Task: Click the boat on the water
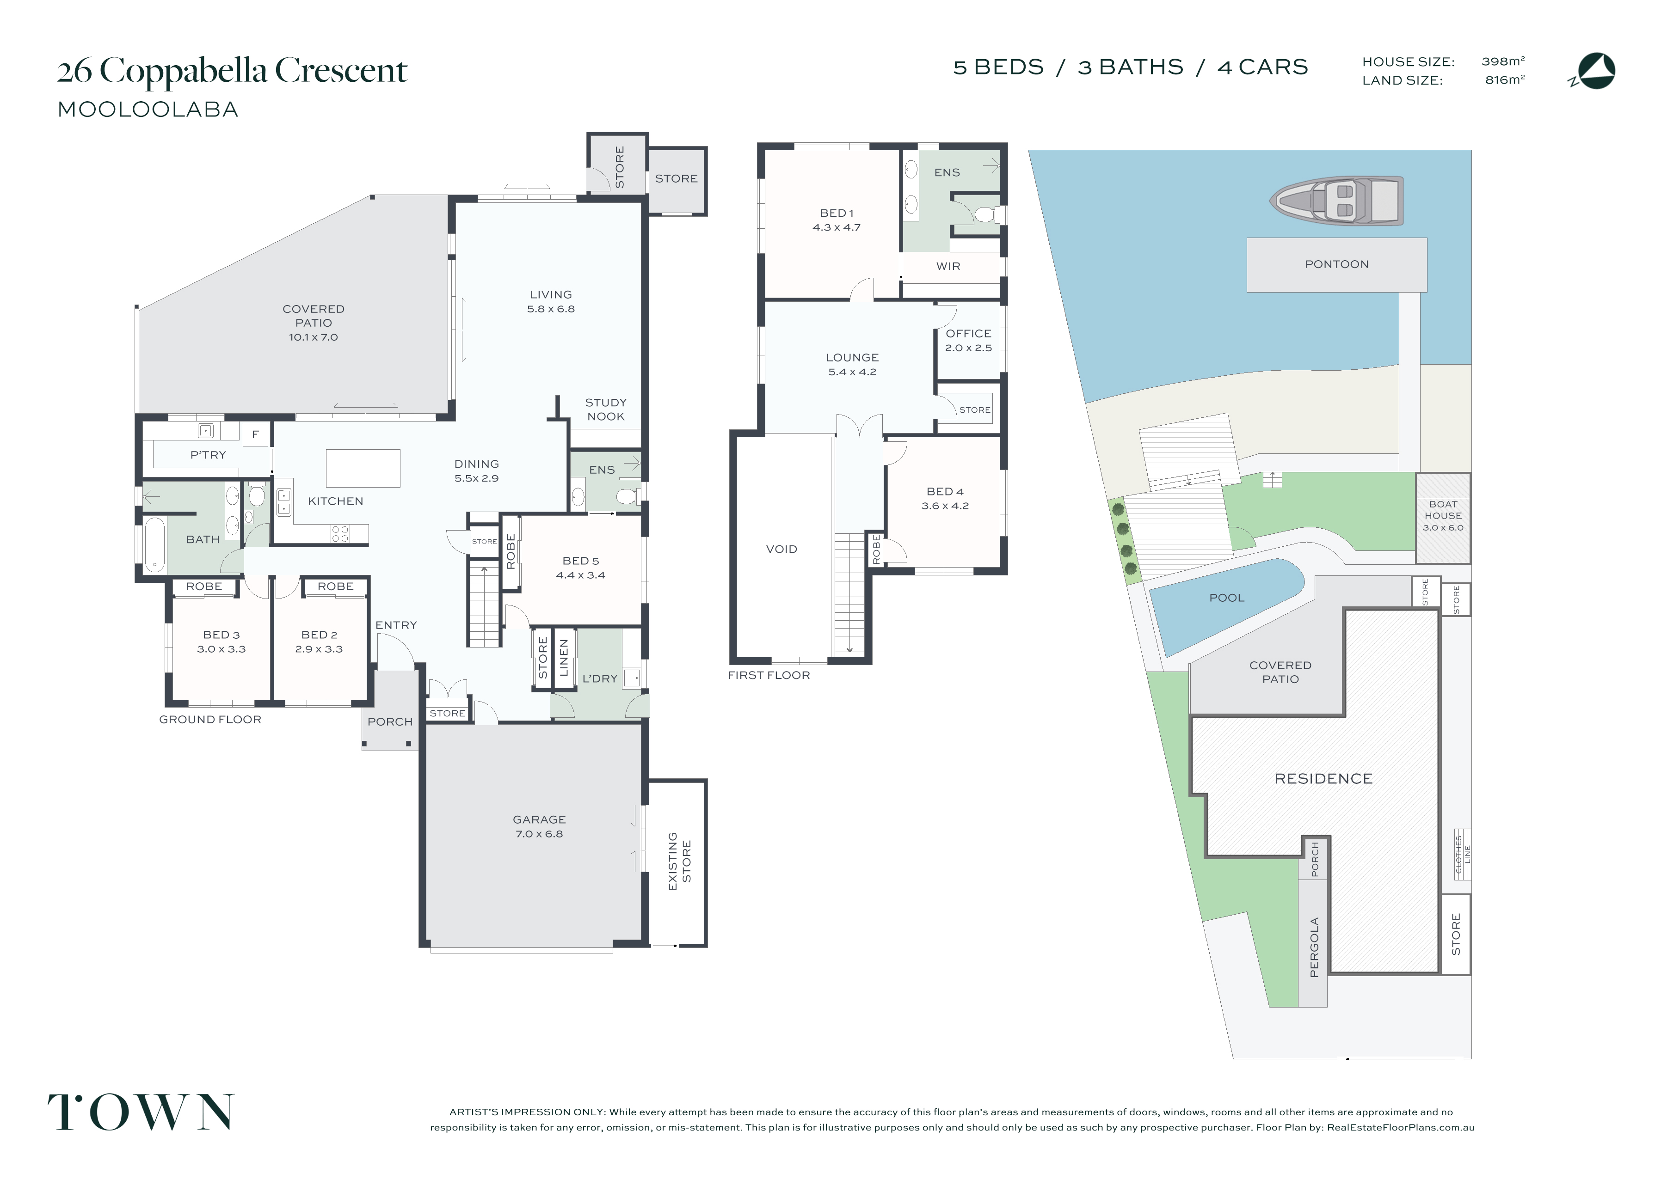coord(1336,201)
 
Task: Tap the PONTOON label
coord(1336,264)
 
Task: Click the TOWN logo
coord(141,1112)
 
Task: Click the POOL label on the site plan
coord(1226,598)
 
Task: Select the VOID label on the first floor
coord(781,550)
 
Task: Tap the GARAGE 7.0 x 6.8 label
coord(539,827)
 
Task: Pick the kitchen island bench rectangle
coord(363,468)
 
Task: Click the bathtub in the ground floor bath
coord(154,544)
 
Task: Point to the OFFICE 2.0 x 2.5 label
coord(968,341)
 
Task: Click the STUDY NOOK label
coord(606,409)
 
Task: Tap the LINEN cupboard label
coord(564,658)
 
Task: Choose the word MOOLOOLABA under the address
coord(148,110)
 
